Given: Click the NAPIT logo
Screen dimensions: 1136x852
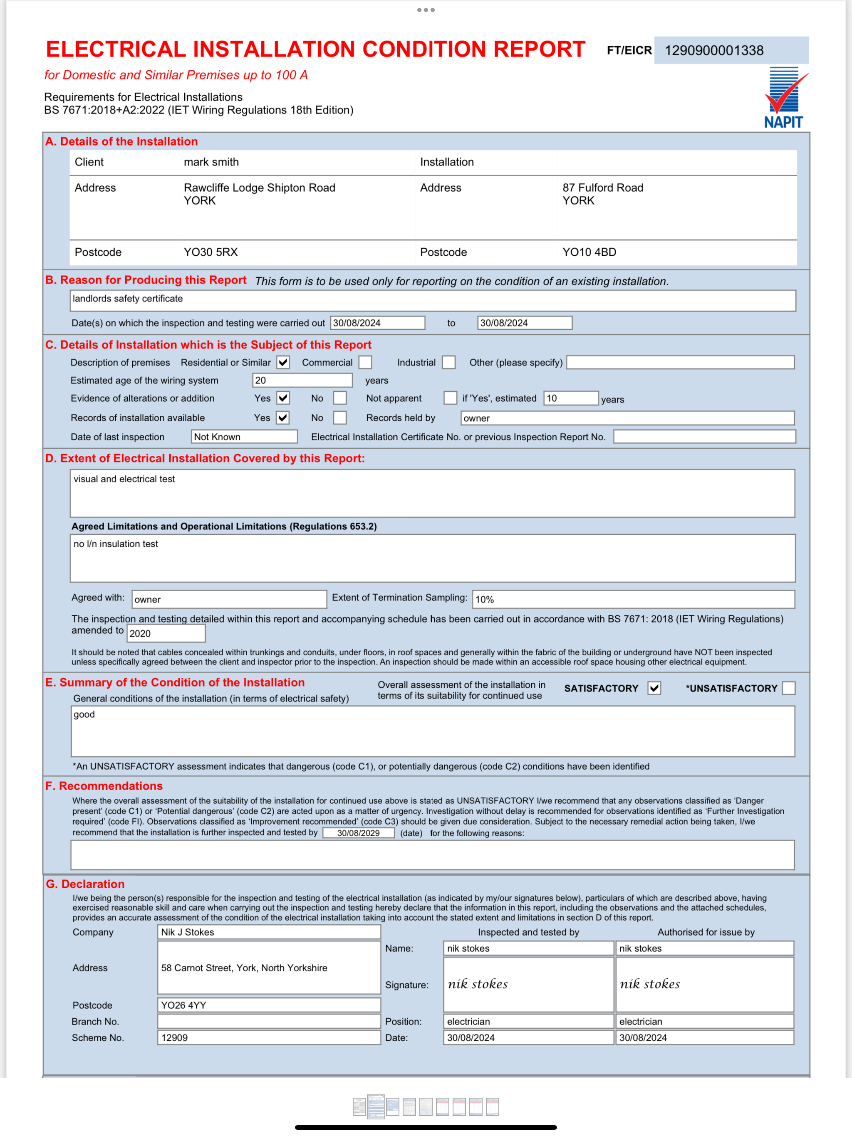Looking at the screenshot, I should click(784, 98).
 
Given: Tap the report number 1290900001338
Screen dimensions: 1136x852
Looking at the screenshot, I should click(714, 50).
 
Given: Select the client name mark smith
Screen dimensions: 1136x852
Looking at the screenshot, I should click(211, 162).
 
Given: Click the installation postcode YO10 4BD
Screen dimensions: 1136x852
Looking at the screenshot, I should click(589, 252).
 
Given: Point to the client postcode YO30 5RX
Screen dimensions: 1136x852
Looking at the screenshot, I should click(211, 252).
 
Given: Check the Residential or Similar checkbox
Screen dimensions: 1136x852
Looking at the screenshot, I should click(283, 363).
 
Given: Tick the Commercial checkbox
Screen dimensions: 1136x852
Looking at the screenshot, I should click(365, 363).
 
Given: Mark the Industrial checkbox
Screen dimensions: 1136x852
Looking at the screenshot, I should click(448, 363).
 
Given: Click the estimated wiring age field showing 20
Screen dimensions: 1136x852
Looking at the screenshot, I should click(302, 380).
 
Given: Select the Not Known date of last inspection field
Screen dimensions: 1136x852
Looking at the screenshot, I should click(244, 437).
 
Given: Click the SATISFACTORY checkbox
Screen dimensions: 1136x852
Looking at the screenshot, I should click(654, 688).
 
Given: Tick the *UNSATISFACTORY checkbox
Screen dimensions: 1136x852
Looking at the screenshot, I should click(788, 688).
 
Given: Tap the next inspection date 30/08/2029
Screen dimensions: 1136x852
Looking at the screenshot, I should click(358, 833).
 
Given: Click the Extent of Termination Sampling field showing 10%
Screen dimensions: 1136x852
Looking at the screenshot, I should click(633, 599).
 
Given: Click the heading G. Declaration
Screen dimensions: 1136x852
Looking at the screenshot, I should click(85, 884).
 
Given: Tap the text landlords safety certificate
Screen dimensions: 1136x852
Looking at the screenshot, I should click(128, 299).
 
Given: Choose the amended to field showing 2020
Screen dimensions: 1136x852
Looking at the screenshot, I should click(166, 634).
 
